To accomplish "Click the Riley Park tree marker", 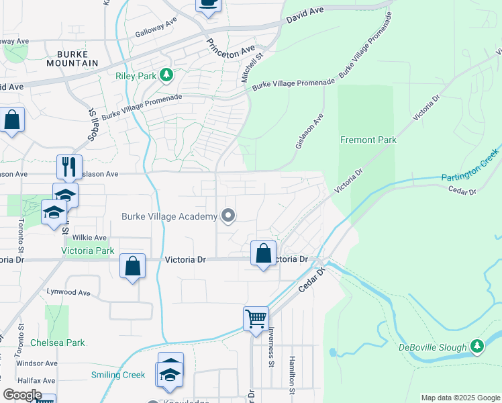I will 167,76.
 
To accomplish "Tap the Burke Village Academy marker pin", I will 228,216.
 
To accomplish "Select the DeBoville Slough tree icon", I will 477,347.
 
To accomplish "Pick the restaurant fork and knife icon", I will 69,167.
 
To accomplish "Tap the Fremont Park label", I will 368,140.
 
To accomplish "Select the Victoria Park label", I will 87,251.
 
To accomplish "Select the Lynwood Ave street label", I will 68,292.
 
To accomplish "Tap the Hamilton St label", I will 292,375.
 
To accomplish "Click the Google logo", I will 22,395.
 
